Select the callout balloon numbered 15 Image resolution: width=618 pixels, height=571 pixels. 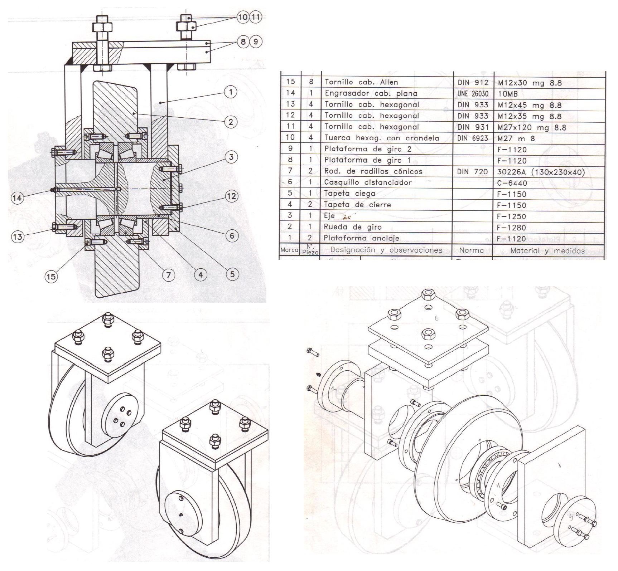(51, 276)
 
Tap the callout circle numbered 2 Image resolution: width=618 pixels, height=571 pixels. (231, 122)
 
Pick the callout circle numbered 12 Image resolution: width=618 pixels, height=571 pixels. (232, 196)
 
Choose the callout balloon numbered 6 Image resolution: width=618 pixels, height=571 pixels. (232, 235)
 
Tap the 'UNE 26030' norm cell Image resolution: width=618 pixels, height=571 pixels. (473, 94)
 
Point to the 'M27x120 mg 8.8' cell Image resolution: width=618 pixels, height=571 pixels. (532, 127)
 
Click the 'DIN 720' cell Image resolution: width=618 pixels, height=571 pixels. (473, 172)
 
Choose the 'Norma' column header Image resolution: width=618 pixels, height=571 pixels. (471, 250)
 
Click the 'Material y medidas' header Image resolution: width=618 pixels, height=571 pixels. (547, 250)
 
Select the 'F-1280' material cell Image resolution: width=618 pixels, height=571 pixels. (512, 228)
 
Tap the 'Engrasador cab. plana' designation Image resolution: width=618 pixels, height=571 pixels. (371, 94)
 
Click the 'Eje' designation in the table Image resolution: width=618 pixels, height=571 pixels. (329, 216)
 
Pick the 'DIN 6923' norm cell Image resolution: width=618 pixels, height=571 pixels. (473, 138)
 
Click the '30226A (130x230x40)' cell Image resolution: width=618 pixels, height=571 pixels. (541, 172)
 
